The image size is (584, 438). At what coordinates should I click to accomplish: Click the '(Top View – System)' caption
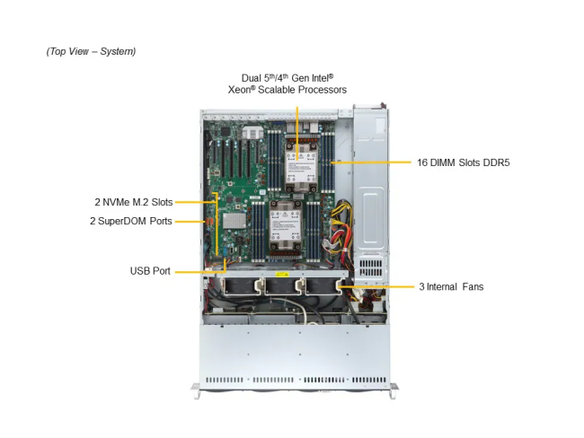[91, 51]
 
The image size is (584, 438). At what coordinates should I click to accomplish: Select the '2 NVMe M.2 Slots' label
[133, 202]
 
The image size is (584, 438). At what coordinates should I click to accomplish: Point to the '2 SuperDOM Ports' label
[132, 221]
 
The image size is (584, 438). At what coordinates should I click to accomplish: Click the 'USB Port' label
[150, 270]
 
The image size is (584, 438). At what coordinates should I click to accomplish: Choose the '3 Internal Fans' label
[451, 287]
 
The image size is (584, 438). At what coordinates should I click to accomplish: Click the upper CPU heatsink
[296, 166]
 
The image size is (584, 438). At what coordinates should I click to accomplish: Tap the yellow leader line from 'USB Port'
[198, 270]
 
